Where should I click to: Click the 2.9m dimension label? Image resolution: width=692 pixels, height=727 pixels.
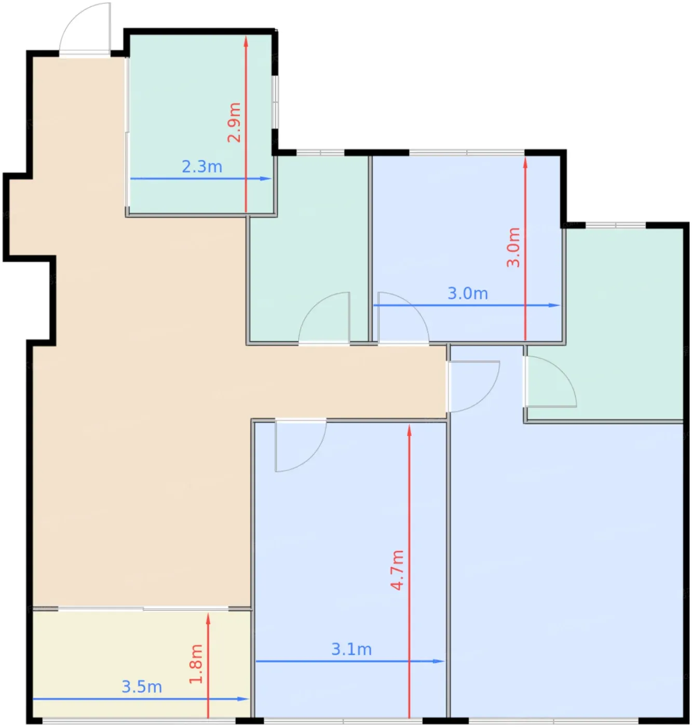point(234,123)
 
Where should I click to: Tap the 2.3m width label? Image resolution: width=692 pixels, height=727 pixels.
point(202,167)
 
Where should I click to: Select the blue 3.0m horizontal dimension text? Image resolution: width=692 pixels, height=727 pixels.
point(468,293)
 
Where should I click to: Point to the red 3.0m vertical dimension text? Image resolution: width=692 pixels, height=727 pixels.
point(513,247)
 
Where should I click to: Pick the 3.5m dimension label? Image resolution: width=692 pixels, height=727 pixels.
point(142,687)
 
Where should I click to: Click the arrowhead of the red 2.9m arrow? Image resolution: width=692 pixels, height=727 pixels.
point(246,42)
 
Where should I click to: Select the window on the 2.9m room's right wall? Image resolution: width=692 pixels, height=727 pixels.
point(275,102)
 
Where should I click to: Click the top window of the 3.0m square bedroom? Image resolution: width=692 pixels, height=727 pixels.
point(467,152)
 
